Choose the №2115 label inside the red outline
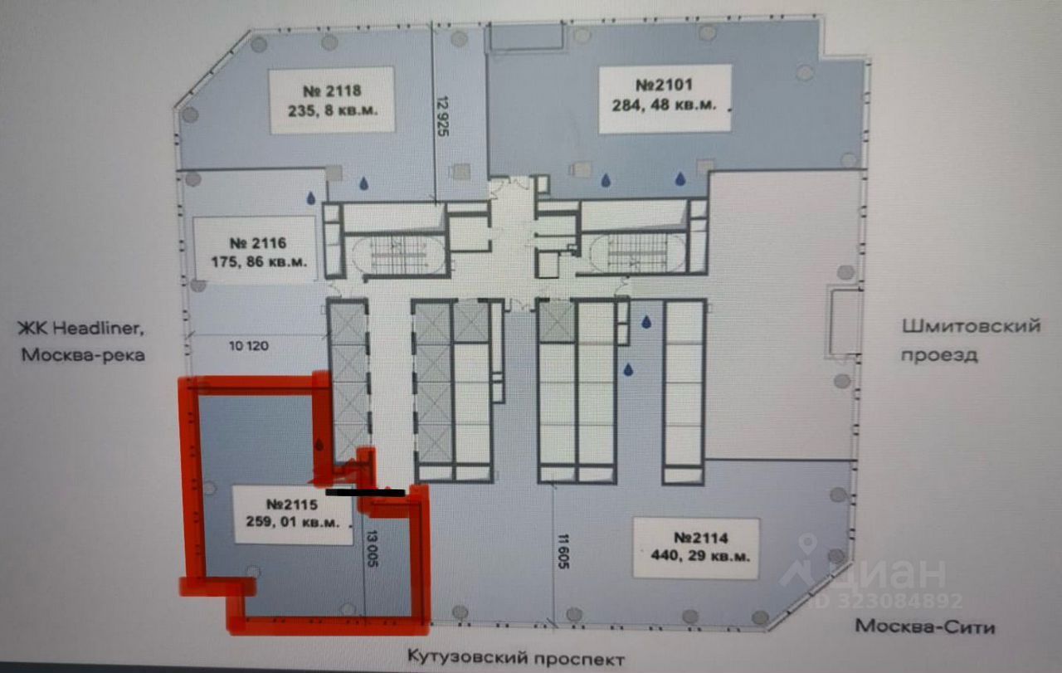click(x=293, y=514)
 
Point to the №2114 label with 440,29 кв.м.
click(x=695, y=546)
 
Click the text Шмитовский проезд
click(x=971, y=339)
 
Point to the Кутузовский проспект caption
click(x=514, y=659)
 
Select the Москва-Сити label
click(x=924, y=626)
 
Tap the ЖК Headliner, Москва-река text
click(x=83, y=342)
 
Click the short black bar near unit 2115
click(x=366, y=492)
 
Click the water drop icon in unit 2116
click(x=311, y=198)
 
